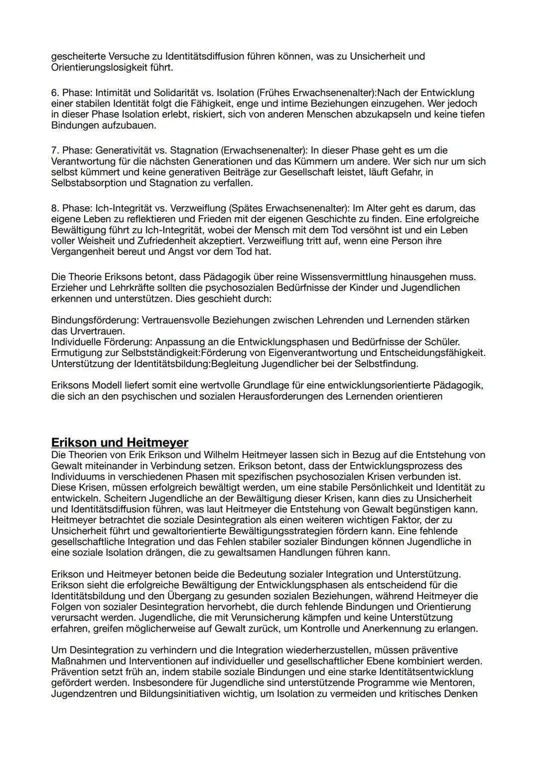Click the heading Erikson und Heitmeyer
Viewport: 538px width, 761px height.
120,443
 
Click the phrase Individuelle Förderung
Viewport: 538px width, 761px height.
101,342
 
